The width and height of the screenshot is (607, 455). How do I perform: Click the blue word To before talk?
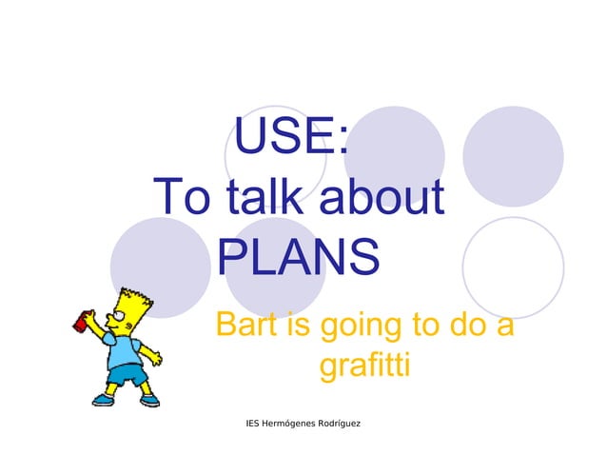click(x=184, y=199)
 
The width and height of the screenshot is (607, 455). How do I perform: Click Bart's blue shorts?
click(x=127, y=375)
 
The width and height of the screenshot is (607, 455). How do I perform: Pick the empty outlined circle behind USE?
click(x=276, y=152)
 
